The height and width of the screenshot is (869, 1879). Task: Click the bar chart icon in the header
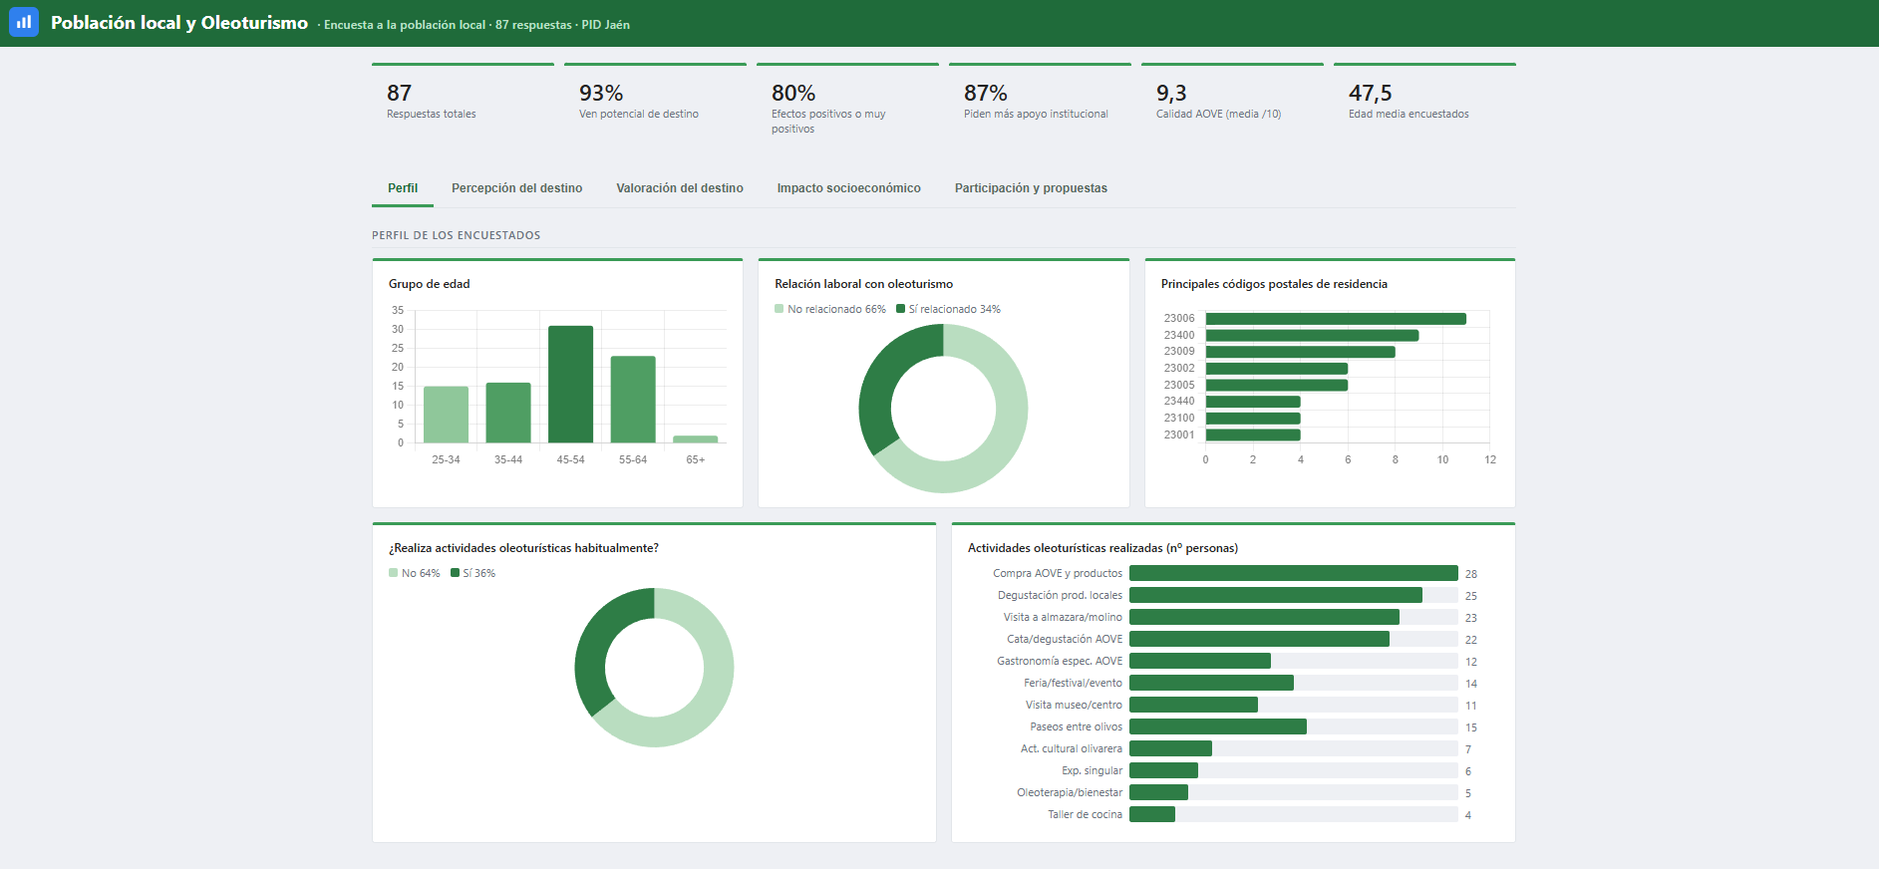[24, 22]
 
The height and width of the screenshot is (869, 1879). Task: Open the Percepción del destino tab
[516, 188]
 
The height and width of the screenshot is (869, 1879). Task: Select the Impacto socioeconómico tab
[848, 188]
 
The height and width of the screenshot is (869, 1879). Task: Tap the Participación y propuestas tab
[1031, 188]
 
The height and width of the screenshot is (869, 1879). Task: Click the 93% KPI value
[601, 93]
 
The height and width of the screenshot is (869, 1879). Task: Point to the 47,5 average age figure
[1370, 93]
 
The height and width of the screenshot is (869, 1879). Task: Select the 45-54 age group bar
[570, 385]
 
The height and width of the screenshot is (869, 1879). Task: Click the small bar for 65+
[695, 439]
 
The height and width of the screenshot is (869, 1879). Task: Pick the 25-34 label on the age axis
[446, 459]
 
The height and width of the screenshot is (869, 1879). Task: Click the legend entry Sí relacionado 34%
[948, 309]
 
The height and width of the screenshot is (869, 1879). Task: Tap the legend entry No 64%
[414, 573]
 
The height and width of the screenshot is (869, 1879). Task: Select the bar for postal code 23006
[1336, 319]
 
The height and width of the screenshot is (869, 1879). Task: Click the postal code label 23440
[1179, 402]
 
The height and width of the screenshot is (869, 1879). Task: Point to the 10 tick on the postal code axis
[1442, 459]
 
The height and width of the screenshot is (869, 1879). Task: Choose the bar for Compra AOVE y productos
[1294, 573]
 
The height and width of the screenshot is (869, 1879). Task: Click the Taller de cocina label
[1085, 815]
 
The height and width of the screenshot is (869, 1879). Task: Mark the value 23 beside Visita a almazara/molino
[1471, 618]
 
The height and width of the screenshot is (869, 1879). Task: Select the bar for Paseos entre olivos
[1218, 726]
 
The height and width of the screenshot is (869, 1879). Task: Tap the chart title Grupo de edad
[429, 284]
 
